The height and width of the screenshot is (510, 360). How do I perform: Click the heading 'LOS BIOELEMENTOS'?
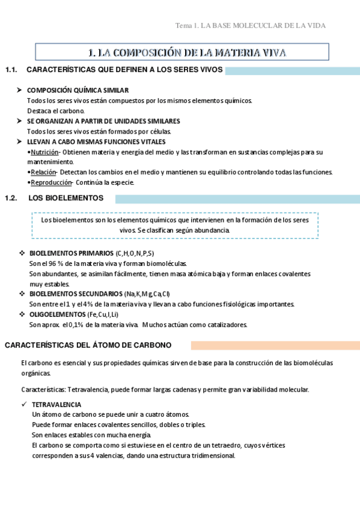(66, 198)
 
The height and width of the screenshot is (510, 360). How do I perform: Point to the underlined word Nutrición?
(44, 152)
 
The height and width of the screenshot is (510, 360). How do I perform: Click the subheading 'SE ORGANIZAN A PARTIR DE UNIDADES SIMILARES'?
(103, 121)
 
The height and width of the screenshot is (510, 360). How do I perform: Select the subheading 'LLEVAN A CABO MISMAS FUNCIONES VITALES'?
(96, 142)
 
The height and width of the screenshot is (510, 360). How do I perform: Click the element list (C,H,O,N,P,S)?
(135, 253)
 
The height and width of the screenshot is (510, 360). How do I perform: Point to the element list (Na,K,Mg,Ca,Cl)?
(147, 294)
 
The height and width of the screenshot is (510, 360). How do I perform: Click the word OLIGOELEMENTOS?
(57, 315)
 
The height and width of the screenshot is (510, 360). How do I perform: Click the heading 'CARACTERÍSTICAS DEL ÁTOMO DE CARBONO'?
(88, 345)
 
